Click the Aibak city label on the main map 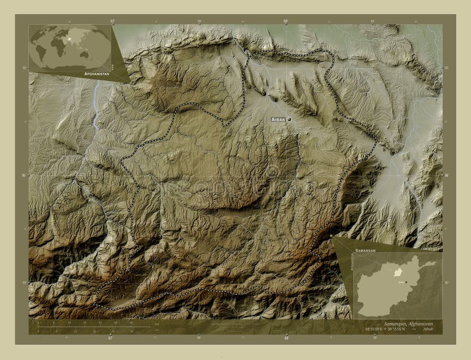(x=277, y=119)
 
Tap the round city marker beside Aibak (x=289, y=119)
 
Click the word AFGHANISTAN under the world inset (x=97, y=75)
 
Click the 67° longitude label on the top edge (x=112, y=21)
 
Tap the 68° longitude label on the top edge (x=286, y=21)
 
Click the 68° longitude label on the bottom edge (x=286, y=338)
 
